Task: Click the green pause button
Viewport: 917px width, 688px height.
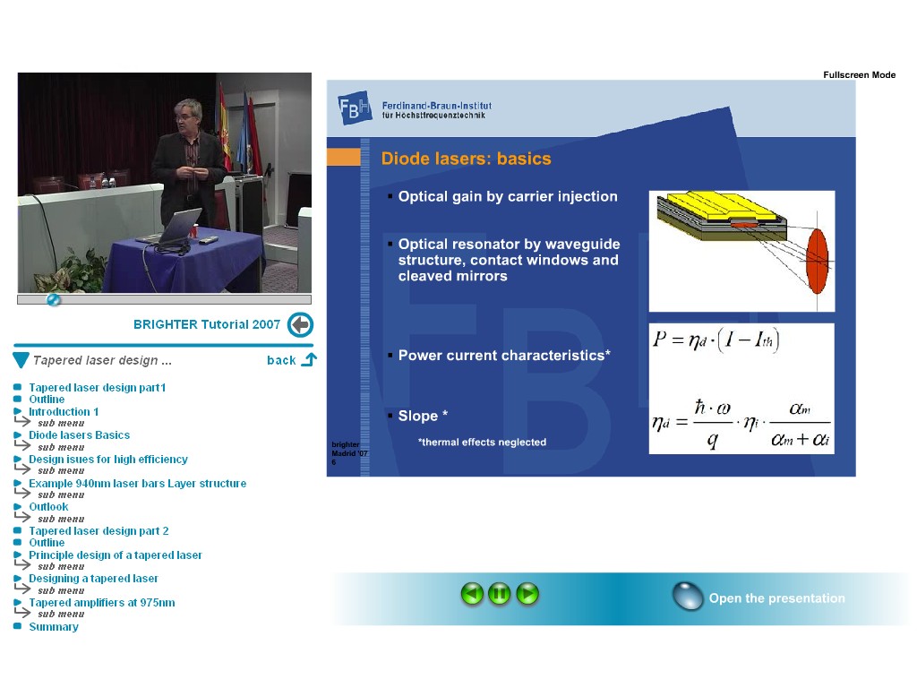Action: point(500,594)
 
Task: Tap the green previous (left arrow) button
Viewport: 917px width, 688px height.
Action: point(472,594)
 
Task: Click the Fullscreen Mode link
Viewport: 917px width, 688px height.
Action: point(859,75)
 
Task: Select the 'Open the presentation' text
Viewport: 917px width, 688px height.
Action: point(776,598)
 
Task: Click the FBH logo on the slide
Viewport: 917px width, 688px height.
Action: point(355,107)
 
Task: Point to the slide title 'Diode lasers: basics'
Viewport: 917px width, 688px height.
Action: point(466,159)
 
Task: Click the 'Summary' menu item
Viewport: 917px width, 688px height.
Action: point(54,626)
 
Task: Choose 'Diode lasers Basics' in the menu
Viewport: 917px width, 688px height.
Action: point(80,435)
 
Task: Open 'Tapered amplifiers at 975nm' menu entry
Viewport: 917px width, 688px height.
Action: point(102,603)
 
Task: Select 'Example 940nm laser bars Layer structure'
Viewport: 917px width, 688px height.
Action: point(137,483)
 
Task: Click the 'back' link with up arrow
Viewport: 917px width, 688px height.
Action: point(291,360)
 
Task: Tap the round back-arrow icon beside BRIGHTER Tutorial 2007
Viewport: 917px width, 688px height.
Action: point(301,324)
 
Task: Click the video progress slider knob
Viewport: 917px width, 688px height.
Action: point(53,300)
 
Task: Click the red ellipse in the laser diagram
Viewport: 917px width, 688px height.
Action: point(817,261)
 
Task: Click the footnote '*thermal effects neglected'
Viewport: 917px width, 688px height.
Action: point(482,443)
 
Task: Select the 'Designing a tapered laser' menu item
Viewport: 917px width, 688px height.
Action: point(93,579)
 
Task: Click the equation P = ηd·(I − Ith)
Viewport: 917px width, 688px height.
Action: point(716,340)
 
